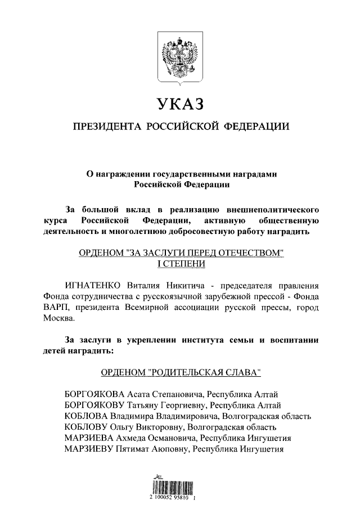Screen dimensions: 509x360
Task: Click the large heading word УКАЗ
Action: (x=179, y=105)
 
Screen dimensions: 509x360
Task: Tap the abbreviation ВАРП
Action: (x=56, y=308)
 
